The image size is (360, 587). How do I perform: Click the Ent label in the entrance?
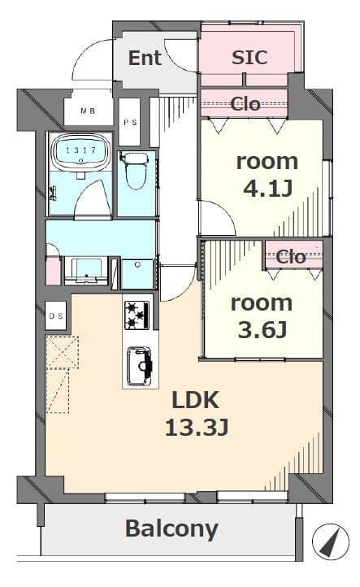(145, 58)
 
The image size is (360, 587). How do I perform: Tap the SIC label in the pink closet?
(249, 57)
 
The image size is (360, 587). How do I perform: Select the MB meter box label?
(88, 111)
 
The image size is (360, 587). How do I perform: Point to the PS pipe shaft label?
(130, 122)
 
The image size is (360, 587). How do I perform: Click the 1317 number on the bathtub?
(80, 150)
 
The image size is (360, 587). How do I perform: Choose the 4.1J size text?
(268, 189)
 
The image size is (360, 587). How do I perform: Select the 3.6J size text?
(262, 330)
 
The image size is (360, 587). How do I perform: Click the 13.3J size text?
(197, 428)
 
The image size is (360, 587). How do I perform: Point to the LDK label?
(195, 400)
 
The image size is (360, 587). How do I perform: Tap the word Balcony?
(171, 529)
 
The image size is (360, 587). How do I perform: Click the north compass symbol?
(331, 541)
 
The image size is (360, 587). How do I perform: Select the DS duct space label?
(56, 316)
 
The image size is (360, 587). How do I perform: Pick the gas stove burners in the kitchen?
(137, 315)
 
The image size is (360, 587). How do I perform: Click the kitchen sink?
(140, 366)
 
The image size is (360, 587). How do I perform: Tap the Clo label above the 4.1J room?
(245, 104)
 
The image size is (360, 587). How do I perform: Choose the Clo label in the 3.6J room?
(291, 257)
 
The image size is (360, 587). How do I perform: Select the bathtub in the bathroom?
(80, 151)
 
